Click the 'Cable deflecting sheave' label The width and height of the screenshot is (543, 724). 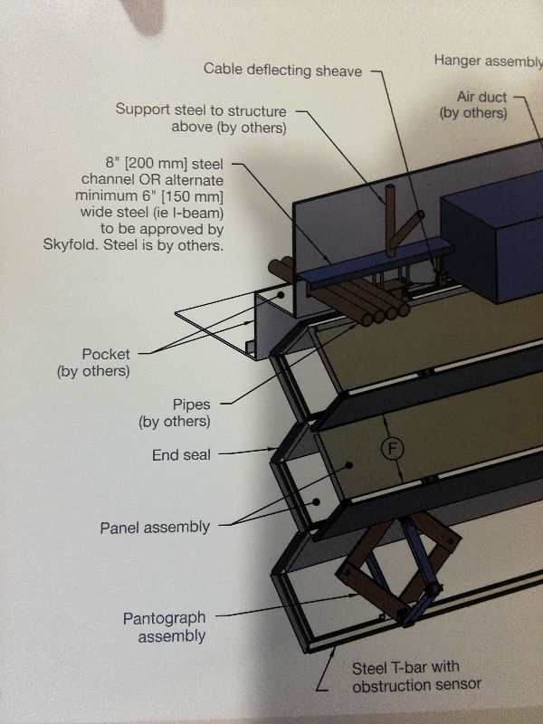(282, 69)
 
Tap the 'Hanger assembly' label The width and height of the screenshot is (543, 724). (488, 61)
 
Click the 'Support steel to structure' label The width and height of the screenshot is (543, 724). (200, 110)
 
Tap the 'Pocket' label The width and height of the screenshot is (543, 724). (106, 354)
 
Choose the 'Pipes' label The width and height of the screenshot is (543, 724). (191, 405)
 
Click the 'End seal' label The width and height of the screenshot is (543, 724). (181, 455)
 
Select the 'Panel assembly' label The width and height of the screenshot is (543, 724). (155, 527)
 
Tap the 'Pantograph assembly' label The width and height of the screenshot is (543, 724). (164, 626)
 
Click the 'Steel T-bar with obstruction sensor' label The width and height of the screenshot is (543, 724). (406, 675)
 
